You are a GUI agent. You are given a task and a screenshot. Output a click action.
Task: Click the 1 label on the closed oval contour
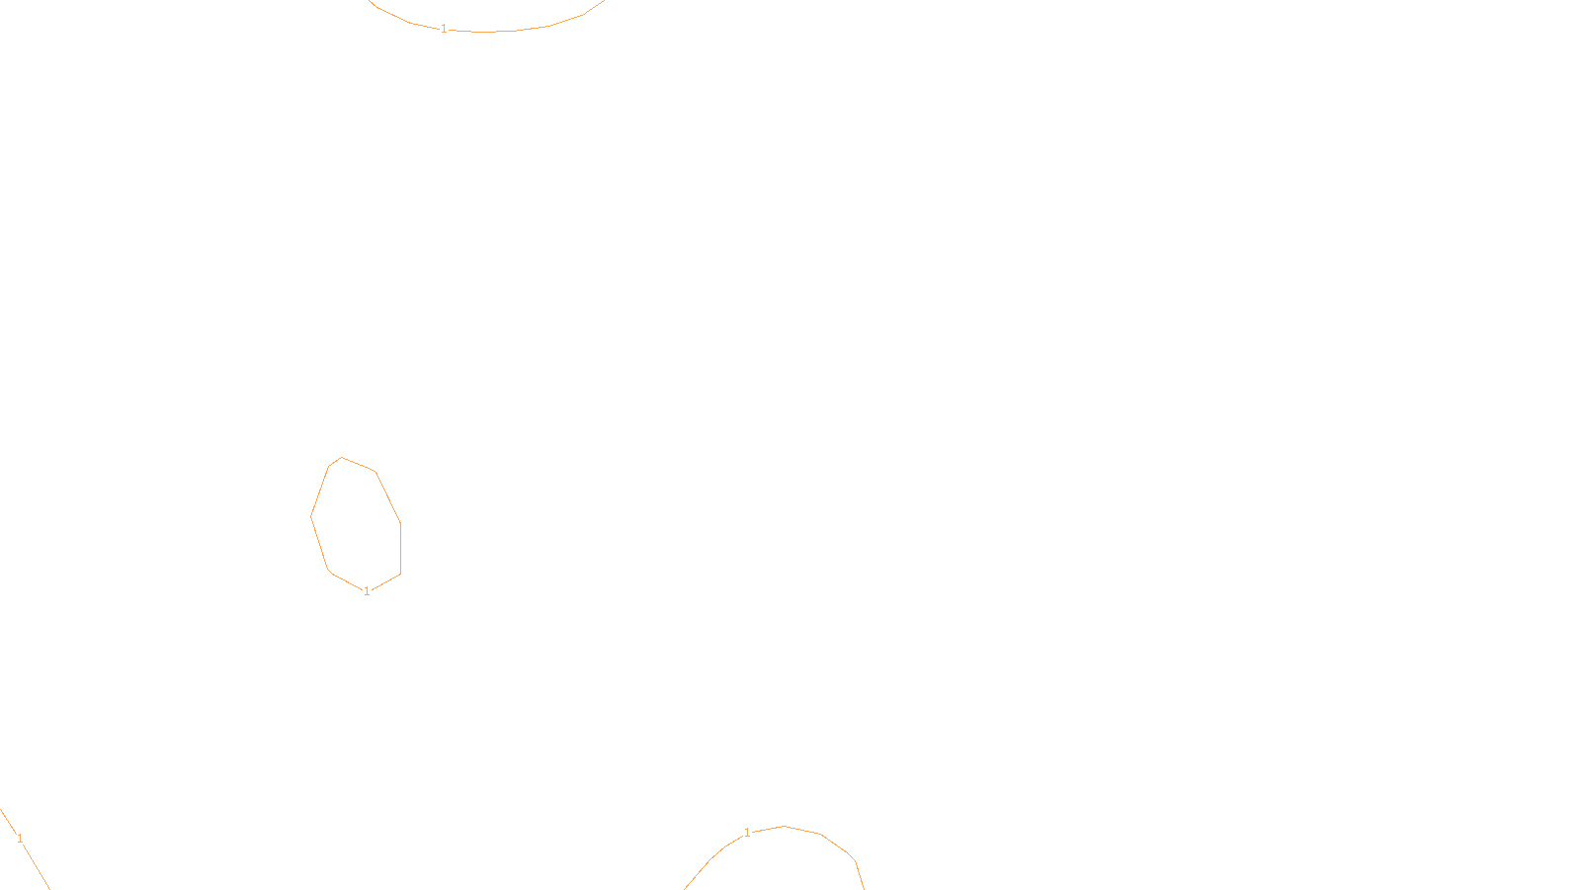[x=367, y=591]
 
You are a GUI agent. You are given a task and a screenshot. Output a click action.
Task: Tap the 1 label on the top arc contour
[x=444, y=29]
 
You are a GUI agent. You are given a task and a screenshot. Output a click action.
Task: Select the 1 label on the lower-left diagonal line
[x=20, y=839]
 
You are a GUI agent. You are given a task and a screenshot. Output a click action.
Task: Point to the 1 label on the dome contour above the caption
[x=747, y=833]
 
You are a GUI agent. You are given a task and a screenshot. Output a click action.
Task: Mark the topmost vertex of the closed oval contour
[x=342, y=457]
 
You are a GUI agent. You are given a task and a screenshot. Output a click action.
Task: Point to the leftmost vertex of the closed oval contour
[x=311, y=515]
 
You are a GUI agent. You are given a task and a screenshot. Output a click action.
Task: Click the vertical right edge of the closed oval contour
[x=400, y=549]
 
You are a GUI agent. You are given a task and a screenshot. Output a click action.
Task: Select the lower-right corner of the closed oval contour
[x=400, y=574]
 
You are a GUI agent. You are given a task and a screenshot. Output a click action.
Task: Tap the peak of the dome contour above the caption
[x=785, y=826]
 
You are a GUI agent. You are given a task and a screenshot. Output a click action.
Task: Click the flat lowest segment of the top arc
[x=484, y=32]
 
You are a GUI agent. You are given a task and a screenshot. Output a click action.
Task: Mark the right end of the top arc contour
[x=604, y=2]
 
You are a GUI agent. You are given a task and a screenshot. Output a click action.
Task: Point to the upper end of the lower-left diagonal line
[x=2, y=811]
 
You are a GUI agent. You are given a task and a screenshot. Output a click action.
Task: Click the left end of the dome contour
[x=686, y=887]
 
